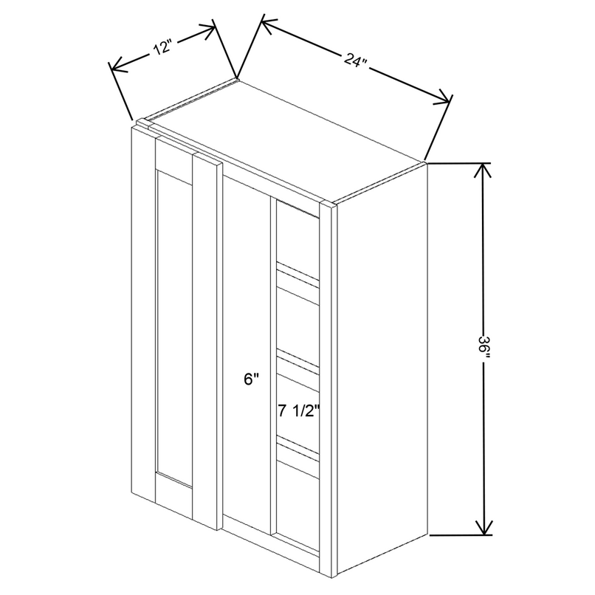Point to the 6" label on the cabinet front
pos(252,381)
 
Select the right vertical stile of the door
pos(206,340)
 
